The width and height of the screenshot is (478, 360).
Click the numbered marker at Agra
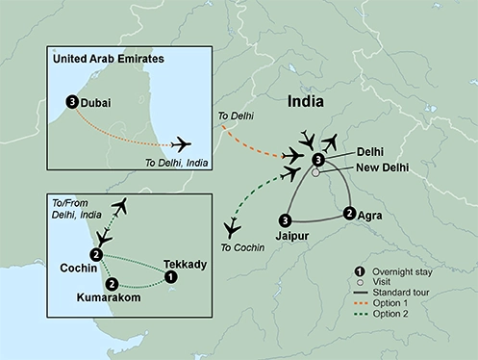tap(348, 214)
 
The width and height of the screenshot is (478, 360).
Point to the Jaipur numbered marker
tap(284, 219)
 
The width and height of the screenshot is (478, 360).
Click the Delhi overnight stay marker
tap(318, 159)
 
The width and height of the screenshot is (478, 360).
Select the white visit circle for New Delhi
tap(314, 174)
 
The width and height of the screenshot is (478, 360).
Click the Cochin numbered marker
tap(95, 254)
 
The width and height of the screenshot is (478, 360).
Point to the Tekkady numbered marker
tap(170, 277)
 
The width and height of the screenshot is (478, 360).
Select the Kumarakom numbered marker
tap(113, 284)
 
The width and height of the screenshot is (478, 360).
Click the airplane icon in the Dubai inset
tap(180, 143)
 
